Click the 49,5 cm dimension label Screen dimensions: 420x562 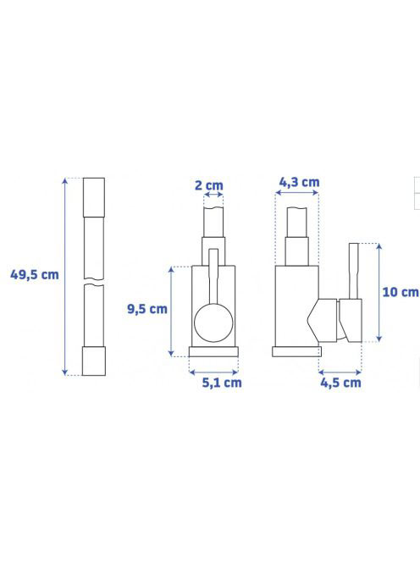point(35,275)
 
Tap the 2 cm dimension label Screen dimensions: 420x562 point(209,185)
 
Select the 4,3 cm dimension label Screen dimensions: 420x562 point(299,183)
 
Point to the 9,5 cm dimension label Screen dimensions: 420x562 point(147,309)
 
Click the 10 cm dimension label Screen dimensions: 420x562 point(401,292)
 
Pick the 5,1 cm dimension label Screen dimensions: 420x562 point(222,383)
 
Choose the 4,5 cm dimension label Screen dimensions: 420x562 point(340,383)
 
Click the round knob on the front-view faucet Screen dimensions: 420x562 point(213,323)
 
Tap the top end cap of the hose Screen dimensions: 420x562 point(94,197)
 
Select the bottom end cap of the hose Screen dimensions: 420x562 point(94,361)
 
